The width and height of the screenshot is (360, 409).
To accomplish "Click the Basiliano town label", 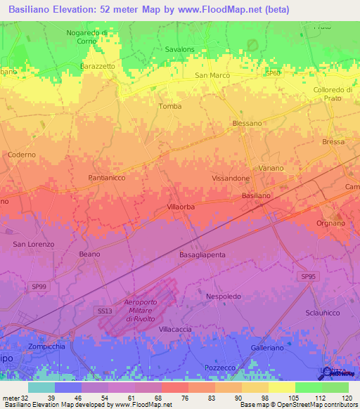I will point(256,195).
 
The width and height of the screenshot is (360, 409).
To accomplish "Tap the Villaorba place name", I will point(181,207).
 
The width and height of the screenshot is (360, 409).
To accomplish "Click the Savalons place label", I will point(180,49).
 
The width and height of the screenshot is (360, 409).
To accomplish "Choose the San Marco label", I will point(212,75).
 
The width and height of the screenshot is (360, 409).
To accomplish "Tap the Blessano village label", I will point(247,123).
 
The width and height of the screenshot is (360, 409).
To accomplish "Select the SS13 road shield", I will point(103,310).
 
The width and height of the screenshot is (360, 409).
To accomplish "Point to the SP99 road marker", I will point(40,268).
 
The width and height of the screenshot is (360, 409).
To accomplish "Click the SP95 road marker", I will point(309,278).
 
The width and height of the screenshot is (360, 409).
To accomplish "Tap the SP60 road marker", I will point(273,73).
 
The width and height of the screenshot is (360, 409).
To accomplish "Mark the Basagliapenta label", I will point(202,254).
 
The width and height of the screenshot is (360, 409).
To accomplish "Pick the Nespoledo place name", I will point(224,297).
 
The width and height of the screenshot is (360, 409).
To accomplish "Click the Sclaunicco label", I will point(323,313).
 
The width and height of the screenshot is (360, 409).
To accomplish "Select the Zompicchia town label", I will point(47,347).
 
